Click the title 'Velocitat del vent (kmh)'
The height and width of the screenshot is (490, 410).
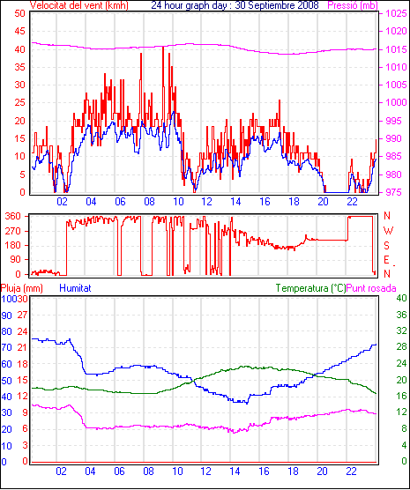[x=79, y=5]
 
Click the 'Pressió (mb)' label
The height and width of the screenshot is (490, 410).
[x=353, y=5]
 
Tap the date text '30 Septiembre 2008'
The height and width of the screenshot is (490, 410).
[x=277, y=5]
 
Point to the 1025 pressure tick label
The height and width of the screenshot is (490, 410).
[x=396, y=13]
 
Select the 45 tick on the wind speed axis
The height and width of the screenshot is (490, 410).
[x=19, y=31]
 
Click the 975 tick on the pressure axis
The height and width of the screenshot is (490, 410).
[x=396, y=192]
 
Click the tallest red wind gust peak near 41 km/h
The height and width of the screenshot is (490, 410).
[x=163, y=48]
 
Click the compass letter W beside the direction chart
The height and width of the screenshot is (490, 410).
[x=388, y=231]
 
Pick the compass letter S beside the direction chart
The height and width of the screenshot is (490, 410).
[x=387, y=246]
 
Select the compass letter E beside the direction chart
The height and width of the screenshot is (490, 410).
[x=387, y=260]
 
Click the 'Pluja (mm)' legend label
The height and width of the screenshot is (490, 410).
[x=21, y=288]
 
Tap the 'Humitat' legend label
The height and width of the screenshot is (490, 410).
[x=75, y=288]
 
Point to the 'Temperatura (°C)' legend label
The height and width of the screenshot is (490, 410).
[x=311, y=288]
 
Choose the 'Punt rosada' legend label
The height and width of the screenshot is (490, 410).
[x=371, y=288]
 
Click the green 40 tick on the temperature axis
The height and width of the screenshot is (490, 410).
[x=402, y=298]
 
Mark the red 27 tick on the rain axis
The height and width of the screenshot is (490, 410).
[x=23, y=315]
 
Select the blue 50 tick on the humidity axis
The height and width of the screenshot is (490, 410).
[x=6, y=381]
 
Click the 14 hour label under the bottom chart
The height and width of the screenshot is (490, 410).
[x=235, y=471]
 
